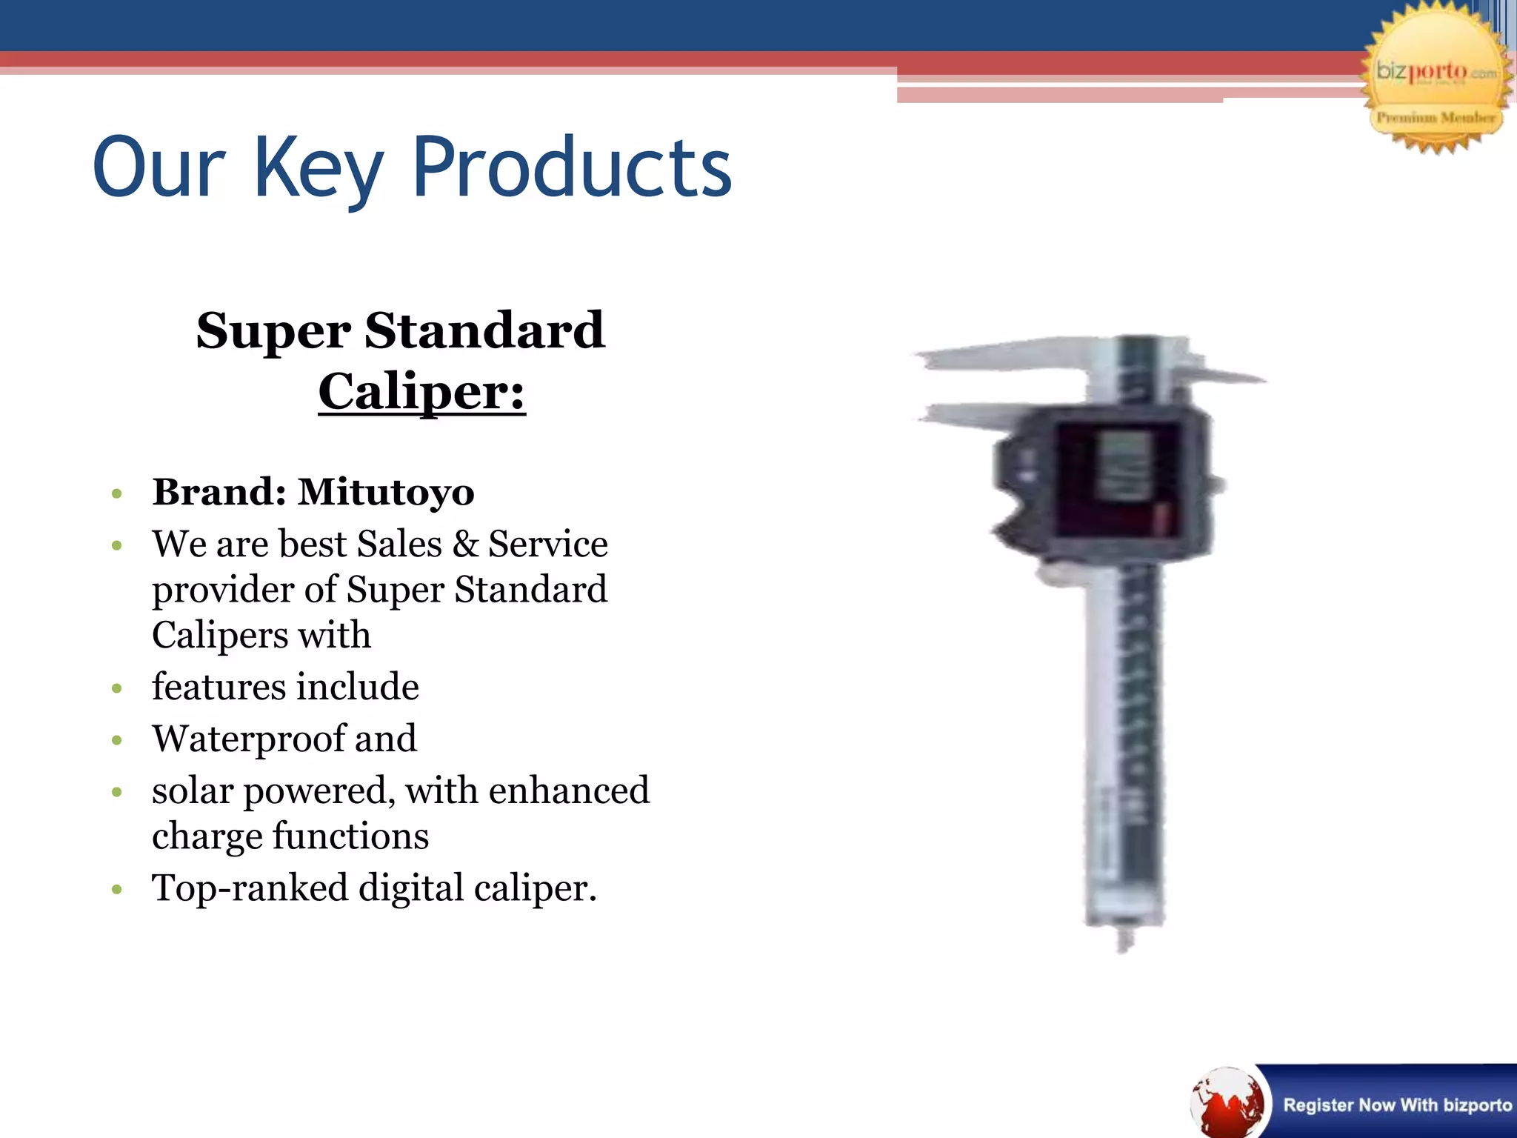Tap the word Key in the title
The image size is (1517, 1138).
319,169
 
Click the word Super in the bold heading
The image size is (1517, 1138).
273,330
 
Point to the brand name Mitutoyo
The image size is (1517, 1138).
386,492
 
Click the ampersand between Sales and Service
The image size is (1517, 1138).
465,544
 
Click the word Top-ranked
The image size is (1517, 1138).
250,888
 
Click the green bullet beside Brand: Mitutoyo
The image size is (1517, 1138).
116,493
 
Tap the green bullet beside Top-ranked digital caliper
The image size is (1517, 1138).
116,889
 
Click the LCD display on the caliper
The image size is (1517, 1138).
1124,465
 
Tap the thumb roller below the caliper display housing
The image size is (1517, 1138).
1056,573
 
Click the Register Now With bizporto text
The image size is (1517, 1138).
1397,1105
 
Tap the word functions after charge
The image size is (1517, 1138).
351,836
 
